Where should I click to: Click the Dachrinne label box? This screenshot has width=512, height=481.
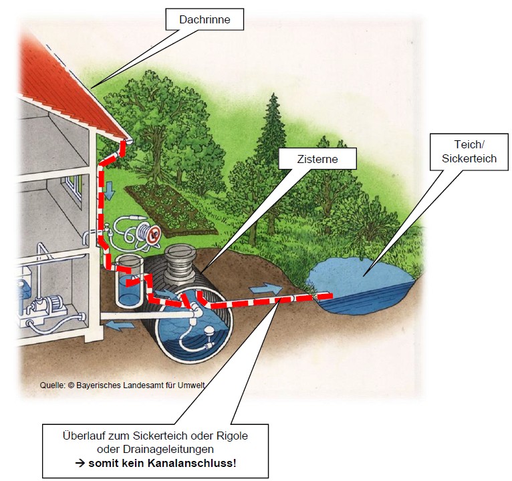point(205,19)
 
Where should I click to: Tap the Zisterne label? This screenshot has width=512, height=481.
point(317,159)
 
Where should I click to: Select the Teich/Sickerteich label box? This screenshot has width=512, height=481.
point(469,152)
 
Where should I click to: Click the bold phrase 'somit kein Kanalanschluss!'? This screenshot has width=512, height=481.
point(162,463)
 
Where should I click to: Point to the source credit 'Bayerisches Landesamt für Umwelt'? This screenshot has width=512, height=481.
point(141,385)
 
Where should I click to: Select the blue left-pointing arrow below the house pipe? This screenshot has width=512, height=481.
point(120,325)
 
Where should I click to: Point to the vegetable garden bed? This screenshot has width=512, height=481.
point(170,208)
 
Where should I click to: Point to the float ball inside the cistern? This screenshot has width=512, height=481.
point(208,332)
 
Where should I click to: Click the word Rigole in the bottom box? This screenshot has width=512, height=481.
point(232,436)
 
